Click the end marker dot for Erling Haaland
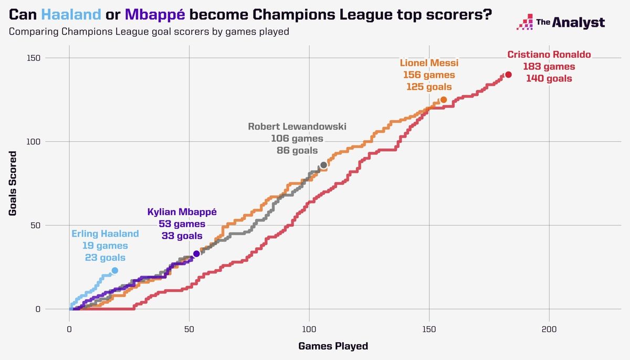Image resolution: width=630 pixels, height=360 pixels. coord(115,271)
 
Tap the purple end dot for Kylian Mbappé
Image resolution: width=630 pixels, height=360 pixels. coord(197,253)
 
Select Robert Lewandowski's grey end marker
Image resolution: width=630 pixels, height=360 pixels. coord(324,165)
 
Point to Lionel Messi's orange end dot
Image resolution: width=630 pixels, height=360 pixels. coord(444,100)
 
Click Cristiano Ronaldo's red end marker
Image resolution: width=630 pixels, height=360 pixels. coord(508,75)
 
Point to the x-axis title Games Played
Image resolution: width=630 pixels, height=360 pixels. coord(333,346)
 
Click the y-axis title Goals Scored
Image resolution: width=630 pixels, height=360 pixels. coord(13,184)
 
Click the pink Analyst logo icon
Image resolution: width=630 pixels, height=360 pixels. coord(525,23)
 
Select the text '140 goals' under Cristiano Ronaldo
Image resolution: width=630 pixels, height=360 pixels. coord(549,79)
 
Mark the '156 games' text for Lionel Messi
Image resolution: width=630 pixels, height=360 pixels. coord(429,75)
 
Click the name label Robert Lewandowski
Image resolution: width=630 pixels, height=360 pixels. coord(297,126)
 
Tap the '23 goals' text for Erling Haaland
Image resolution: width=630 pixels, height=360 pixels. coord(105,258)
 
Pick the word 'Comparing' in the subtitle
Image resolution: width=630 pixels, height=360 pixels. coord(33,32)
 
